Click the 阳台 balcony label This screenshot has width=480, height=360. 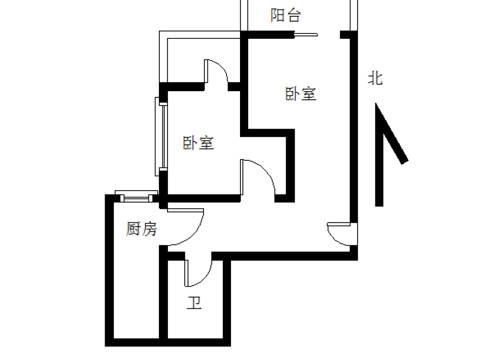tap(286, 15)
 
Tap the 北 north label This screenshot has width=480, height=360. tap(375, 78)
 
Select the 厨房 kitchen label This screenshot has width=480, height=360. tap(142, 229)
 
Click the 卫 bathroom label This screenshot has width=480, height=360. tap(194, 303)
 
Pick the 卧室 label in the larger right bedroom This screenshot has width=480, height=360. tap(300, 94)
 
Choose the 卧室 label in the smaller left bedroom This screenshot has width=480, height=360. tap(198, 143)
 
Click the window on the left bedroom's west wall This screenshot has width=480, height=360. tap(161, 136)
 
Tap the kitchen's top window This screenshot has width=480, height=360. tap(136, 196)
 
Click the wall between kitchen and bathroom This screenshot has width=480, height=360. tap(164, 295)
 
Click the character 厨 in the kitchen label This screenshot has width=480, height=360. tap(134, 229)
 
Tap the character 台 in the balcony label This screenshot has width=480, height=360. tap(294, 15)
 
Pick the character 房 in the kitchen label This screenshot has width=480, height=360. tap(150, 229)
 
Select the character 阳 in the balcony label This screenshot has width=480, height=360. tap(277, 15)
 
